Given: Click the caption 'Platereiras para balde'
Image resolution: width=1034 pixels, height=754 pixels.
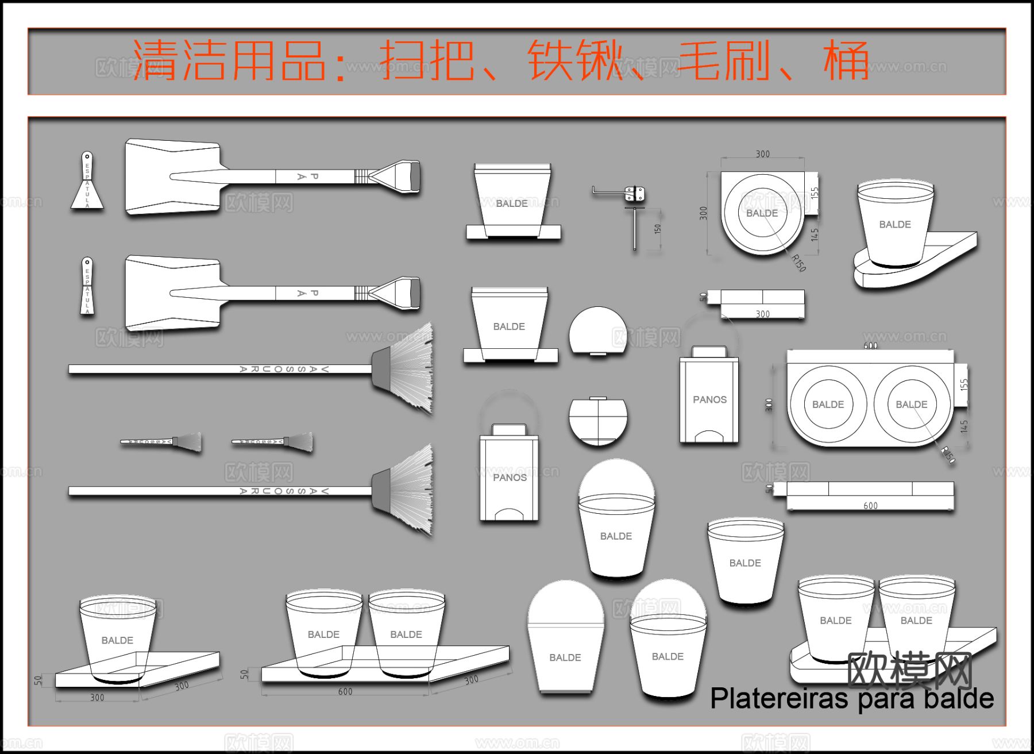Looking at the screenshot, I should [x=852, y=699].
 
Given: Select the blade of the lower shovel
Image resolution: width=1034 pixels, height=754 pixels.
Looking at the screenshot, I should [x=172, y=293].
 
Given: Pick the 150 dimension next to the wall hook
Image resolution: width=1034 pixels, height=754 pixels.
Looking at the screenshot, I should [x=658, y=229].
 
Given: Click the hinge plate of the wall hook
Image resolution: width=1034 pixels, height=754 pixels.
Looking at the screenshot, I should [x=634, y=193].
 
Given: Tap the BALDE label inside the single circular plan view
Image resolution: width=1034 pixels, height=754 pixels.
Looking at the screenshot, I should [x=762, y=213].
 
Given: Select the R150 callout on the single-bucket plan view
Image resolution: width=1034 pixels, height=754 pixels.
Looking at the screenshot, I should [x=799, y=263].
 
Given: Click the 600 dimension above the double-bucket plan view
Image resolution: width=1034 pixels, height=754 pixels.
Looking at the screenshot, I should [x=870, y=345].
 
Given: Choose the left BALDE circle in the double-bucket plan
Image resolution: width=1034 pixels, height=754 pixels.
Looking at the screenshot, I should [x=828, y=405].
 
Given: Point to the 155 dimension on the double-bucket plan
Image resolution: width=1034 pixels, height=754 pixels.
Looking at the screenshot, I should [x=964, y=384].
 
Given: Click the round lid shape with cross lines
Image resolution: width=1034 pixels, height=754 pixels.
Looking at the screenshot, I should [x=598, y=422].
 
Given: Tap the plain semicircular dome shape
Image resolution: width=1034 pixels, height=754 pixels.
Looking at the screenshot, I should [x=598, y=331].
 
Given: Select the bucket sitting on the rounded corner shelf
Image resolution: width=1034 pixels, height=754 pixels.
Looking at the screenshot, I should [x=894, y=224].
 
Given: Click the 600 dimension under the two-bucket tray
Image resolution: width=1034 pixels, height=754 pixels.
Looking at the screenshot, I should [x=345, y=691].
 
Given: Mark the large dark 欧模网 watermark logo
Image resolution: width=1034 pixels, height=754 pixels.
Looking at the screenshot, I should [x=909, y=670].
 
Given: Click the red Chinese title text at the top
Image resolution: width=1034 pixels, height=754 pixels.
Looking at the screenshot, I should [x=500, y=60].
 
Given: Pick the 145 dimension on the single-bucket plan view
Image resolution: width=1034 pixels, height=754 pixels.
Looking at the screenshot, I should [x=815, y=234].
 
